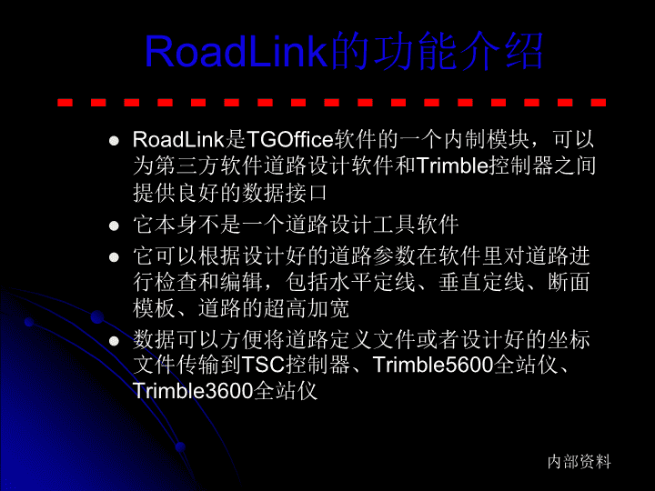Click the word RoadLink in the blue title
point(236,51)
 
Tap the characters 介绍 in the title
point(501,51)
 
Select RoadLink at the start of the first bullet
point(178,139)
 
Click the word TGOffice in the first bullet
point(290,139)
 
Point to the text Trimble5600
point(433,365)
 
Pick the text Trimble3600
point(193,390)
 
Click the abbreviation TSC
point(263,365)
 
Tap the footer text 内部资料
point(579,461)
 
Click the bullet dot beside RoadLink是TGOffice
point(114,141)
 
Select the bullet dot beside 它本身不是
point(114,225)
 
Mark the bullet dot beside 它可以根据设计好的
point(114,256)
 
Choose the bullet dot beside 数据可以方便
point(114,341)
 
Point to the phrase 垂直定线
point(481,282)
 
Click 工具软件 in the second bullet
point(416,225)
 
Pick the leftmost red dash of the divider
point(65,102)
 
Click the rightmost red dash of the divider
point(599,102)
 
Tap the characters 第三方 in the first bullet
point(187,165)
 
